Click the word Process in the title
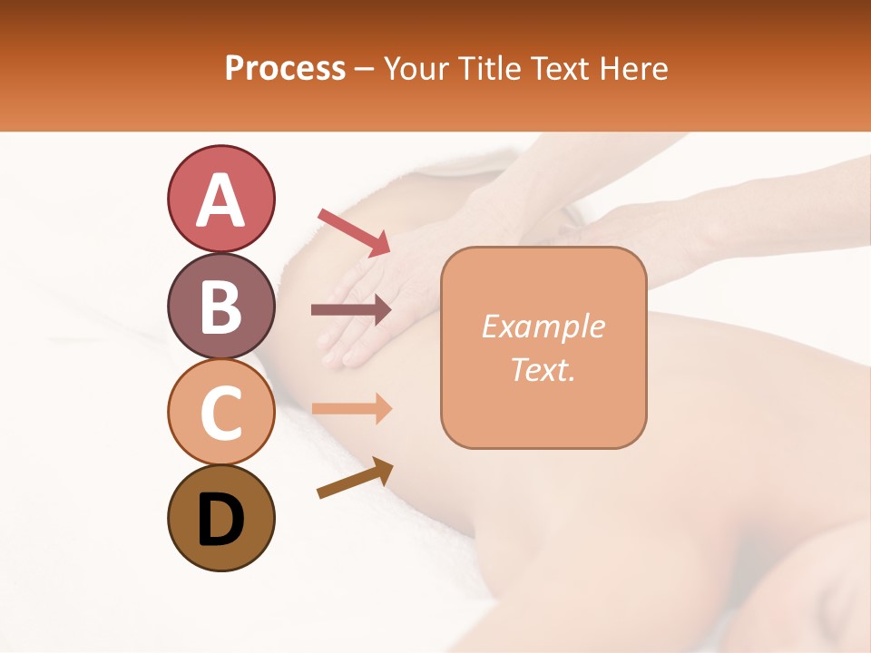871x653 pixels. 285,69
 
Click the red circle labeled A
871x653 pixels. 220,199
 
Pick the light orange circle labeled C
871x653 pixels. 220,412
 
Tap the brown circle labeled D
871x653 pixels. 220,518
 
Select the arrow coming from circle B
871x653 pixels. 351,310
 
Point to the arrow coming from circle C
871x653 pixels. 351,409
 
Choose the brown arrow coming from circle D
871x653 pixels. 354,478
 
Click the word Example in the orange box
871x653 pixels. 543,326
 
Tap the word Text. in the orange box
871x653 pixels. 543,369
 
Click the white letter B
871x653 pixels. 220,307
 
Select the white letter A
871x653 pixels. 220,200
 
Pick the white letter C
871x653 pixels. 220,413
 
